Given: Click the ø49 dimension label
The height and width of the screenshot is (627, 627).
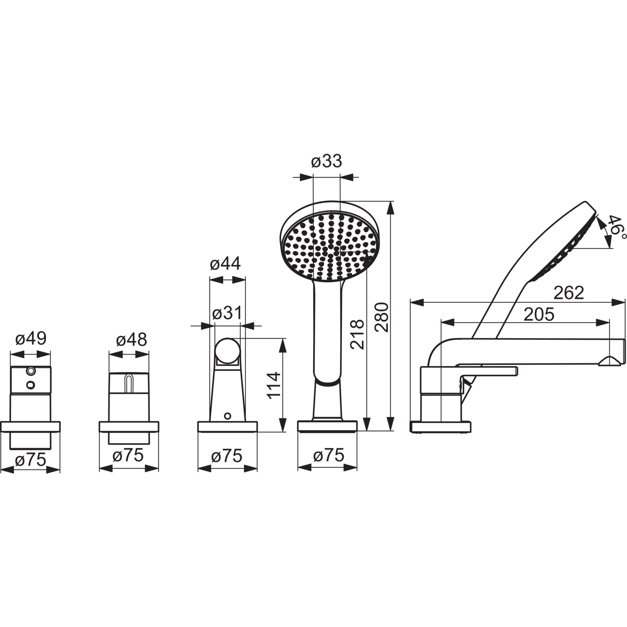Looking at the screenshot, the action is coord(31,339).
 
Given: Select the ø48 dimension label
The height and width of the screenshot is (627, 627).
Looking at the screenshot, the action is coord(131,340).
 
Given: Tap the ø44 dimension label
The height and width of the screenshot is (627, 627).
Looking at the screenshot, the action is coord(225,264).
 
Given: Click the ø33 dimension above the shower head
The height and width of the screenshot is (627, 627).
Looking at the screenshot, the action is coord(327,161).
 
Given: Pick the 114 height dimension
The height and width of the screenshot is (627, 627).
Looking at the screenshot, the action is coord(275,385).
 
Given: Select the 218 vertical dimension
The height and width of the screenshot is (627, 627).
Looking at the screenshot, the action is coord(357,334).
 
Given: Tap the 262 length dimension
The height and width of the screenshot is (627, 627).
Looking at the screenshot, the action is coord(568,293).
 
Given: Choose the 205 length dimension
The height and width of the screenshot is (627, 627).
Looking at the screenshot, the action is coord(539,314).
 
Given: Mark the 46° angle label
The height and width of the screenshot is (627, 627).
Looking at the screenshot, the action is coord(617,228).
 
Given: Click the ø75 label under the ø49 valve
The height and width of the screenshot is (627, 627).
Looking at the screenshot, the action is coord(30,460).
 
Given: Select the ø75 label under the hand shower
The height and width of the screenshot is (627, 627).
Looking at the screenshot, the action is coord(329,455).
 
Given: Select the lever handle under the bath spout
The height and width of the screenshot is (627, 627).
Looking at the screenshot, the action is coord(487,370).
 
